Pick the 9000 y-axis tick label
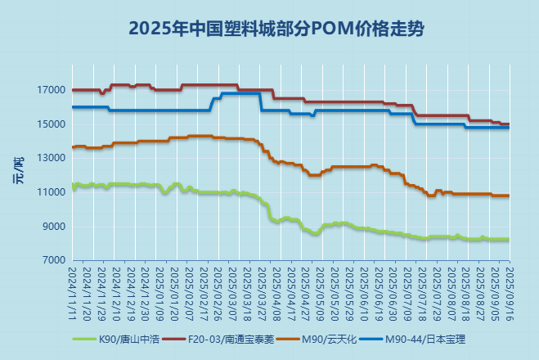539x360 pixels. tap(54, 227)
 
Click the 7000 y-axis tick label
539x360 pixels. tap(54, 260)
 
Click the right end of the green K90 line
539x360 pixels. tap(509, 239)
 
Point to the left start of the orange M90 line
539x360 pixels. tap(73, 147)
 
